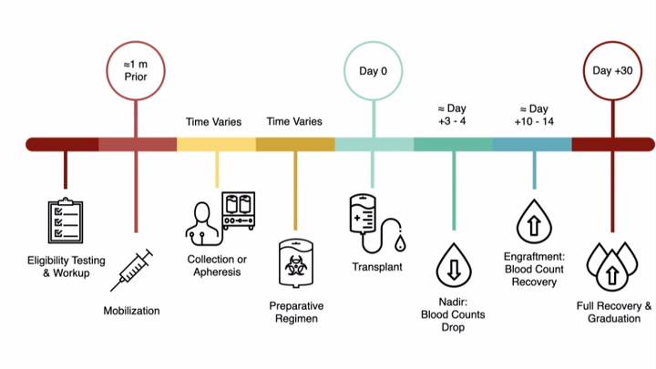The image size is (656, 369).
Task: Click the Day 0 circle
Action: (x=373, y=70)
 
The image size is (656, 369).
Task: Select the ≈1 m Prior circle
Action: (x=136, y=70)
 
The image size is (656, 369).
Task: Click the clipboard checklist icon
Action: (x=66, y=222)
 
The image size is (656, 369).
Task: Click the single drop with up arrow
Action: (x=533, y=221)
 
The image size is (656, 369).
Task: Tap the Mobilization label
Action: (x=131, y=311)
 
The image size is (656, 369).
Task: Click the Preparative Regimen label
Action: (x=296, y=313)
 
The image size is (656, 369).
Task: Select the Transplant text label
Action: (x=377, y=267)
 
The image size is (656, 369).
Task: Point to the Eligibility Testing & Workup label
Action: (x=59, y=267)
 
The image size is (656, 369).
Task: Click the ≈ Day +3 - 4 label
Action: (x=452, y=114)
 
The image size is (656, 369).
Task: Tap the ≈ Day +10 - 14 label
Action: (x=532, y=114)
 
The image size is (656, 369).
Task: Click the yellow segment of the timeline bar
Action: (x=216, y=144)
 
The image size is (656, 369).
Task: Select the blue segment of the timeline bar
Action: (x=532, y=144)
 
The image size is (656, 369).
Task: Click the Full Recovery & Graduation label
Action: (x=614, y=312)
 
